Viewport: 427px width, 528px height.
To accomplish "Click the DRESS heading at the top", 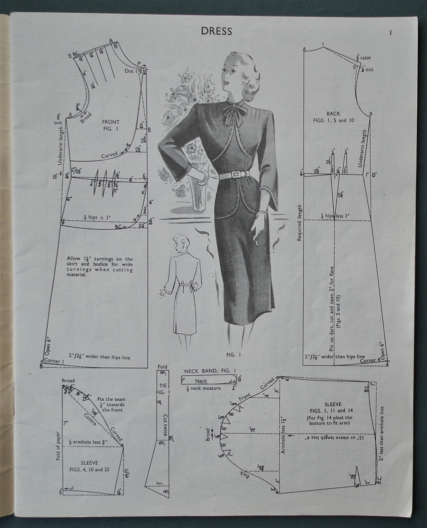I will tap(216, 31).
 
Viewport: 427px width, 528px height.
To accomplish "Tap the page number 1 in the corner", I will tap(390, 33).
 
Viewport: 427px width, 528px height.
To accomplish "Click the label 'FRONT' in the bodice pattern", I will tap(111, 122).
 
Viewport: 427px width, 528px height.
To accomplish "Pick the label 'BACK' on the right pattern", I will tap(333, 114).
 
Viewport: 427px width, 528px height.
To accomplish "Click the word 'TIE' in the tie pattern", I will tap(163, 386).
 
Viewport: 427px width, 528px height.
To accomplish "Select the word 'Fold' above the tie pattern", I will tap(162, 367).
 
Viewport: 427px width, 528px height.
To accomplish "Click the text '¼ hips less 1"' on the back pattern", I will tap(335, 216).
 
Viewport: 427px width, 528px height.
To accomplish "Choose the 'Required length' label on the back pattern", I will tap(300, 223).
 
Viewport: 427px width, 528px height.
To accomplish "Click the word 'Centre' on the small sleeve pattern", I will tap(90, 420).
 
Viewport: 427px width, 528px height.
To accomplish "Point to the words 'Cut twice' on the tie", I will tap(165, 425).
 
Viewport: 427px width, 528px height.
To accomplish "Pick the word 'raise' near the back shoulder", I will tap(365, 58).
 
